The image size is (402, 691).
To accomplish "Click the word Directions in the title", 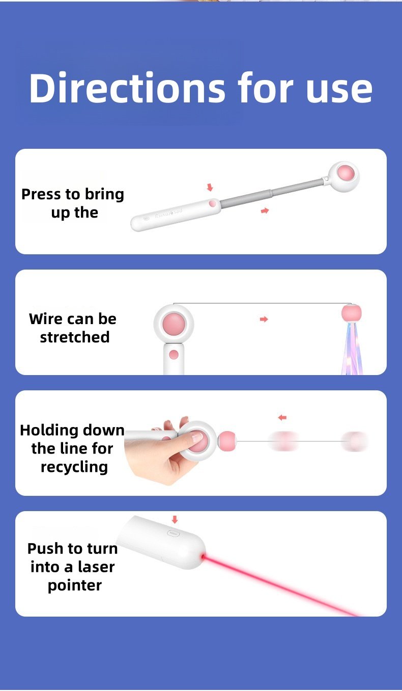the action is (x=127, y=88).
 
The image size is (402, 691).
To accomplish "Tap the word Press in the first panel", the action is (x=41, y=194).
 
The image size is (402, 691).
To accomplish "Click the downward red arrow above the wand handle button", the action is (x=210, y=187).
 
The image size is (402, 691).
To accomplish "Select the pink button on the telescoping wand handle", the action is (x=212, y=203).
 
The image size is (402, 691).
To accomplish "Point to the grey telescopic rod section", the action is (x=271, y=194).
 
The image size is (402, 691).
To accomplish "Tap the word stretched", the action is (x=75, y=337).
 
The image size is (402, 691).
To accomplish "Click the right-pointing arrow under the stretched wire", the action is (x=264, y=319).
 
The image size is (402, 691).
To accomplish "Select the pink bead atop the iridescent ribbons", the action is (x=352, y=313).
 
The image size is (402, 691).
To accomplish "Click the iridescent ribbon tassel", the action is (x=352, y=348).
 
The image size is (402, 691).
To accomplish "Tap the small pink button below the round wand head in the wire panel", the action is (x=174, y=355).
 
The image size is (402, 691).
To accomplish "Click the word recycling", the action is (x=74, y=467).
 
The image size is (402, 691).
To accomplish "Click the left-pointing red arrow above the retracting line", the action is (x=282, y=417).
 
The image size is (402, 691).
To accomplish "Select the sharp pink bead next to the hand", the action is (x=227, y=441).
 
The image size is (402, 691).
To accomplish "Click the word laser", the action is (x=96, y=567).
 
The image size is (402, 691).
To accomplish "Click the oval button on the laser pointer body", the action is (x=174, y=533).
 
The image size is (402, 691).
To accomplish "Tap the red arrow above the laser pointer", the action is (x=175, y=519).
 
